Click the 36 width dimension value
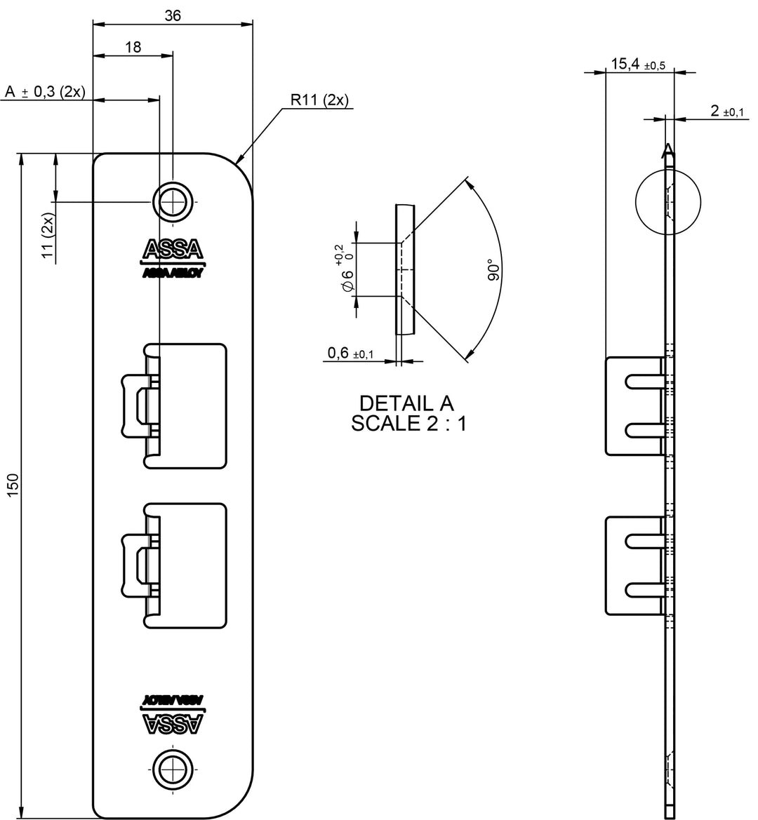tap(173, 15)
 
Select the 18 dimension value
tap(133, 46)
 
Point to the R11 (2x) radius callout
tap(320, 100)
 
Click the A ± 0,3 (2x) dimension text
tap(44, 92)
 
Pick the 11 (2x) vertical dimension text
tap(48, 238)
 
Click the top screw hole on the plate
tap(173, 202)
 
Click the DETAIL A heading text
tap(406, 403)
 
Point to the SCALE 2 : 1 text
tap(408, 424)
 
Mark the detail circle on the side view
tap(667, 201)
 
